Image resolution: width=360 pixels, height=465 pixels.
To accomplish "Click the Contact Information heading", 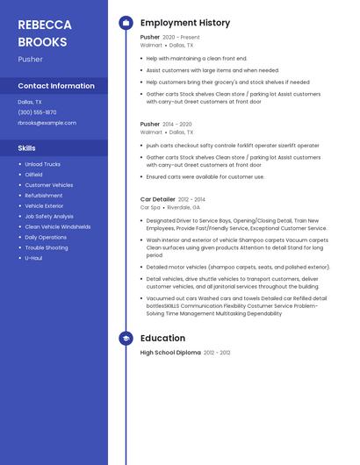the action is click(56, 86).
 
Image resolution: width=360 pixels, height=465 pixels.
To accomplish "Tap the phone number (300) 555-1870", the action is click(37, 112).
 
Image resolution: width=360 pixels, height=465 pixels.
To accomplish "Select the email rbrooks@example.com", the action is click(47, 123).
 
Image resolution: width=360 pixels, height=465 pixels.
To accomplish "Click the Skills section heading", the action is click(26, 148).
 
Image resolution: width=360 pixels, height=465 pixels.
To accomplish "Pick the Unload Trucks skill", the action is click(42, 164).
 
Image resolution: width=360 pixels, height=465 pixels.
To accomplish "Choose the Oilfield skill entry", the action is click(33, 175).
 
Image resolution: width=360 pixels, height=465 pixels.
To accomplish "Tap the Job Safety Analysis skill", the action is click(49, 216).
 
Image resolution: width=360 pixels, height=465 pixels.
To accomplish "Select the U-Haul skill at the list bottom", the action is click(33, 258).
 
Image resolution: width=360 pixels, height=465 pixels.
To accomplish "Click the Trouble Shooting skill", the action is click(46, 247).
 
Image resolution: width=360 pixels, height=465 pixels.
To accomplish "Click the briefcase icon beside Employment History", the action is click(126, 23).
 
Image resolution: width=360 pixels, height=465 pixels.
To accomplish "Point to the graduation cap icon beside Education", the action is click(126, 338).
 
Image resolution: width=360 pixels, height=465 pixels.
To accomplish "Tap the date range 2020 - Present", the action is click(181, 38).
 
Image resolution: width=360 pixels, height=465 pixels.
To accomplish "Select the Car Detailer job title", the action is click(158, 199).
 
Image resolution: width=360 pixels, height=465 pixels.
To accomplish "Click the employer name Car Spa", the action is click(150, 207).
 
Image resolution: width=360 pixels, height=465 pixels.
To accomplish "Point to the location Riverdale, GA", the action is click(185, 207).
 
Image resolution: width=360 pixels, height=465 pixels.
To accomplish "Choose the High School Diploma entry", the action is click(170, 352).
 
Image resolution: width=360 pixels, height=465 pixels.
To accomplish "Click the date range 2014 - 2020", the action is click(177, 125).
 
